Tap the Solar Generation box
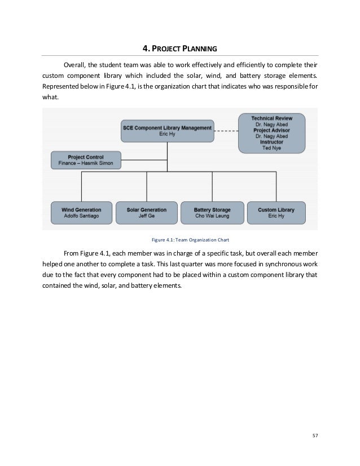pyautogui.click(x=147, y=212)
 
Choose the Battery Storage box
pyautogui.click(x=213, y=212)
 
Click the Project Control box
pyautogui.click(x=86, y=160)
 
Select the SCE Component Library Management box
pyautogui.click(x=167, y=131)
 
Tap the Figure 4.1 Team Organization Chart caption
pyautogui.click(x=180, y=239)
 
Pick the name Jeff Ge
pyautogui.click(x=147, y=216)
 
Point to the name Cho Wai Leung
pyautogui.click(x=213, y=216)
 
